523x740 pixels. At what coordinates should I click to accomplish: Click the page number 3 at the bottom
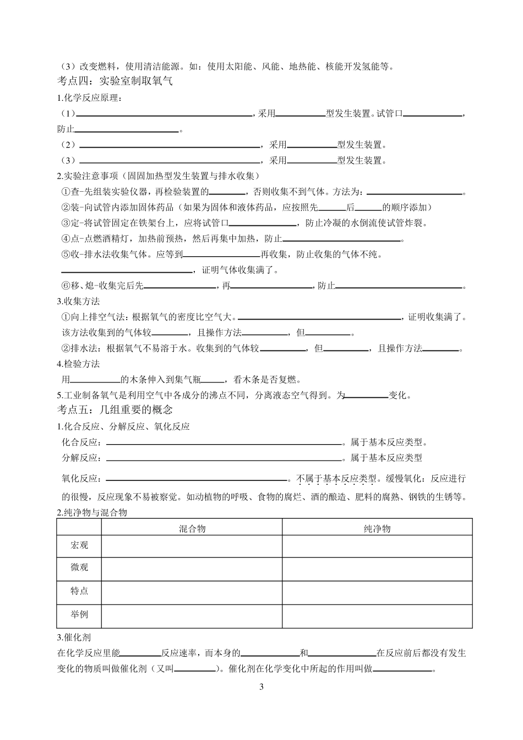261,687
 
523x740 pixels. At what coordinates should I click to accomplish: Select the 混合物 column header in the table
192,528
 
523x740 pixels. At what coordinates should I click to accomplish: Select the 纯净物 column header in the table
377,528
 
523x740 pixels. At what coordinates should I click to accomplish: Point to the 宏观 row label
79,545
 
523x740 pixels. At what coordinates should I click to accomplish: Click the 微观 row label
79,568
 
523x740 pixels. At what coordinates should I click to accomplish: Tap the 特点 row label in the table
79,591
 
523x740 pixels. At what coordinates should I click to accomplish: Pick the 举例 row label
79,614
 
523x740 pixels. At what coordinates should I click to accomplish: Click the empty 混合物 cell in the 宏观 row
192,545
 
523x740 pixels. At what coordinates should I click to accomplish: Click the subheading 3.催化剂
74,638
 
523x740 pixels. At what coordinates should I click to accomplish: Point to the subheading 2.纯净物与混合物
92,512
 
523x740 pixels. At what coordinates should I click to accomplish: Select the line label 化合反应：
82,442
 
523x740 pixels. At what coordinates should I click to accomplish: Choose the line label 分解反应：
82,458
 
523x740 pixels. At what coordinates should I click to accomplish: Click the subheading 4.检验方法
79,364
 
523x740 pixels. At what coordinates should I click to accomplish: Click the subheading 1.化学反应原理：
89,98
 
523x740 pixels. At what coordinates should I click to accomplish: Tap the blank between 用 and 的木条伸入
96,380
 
